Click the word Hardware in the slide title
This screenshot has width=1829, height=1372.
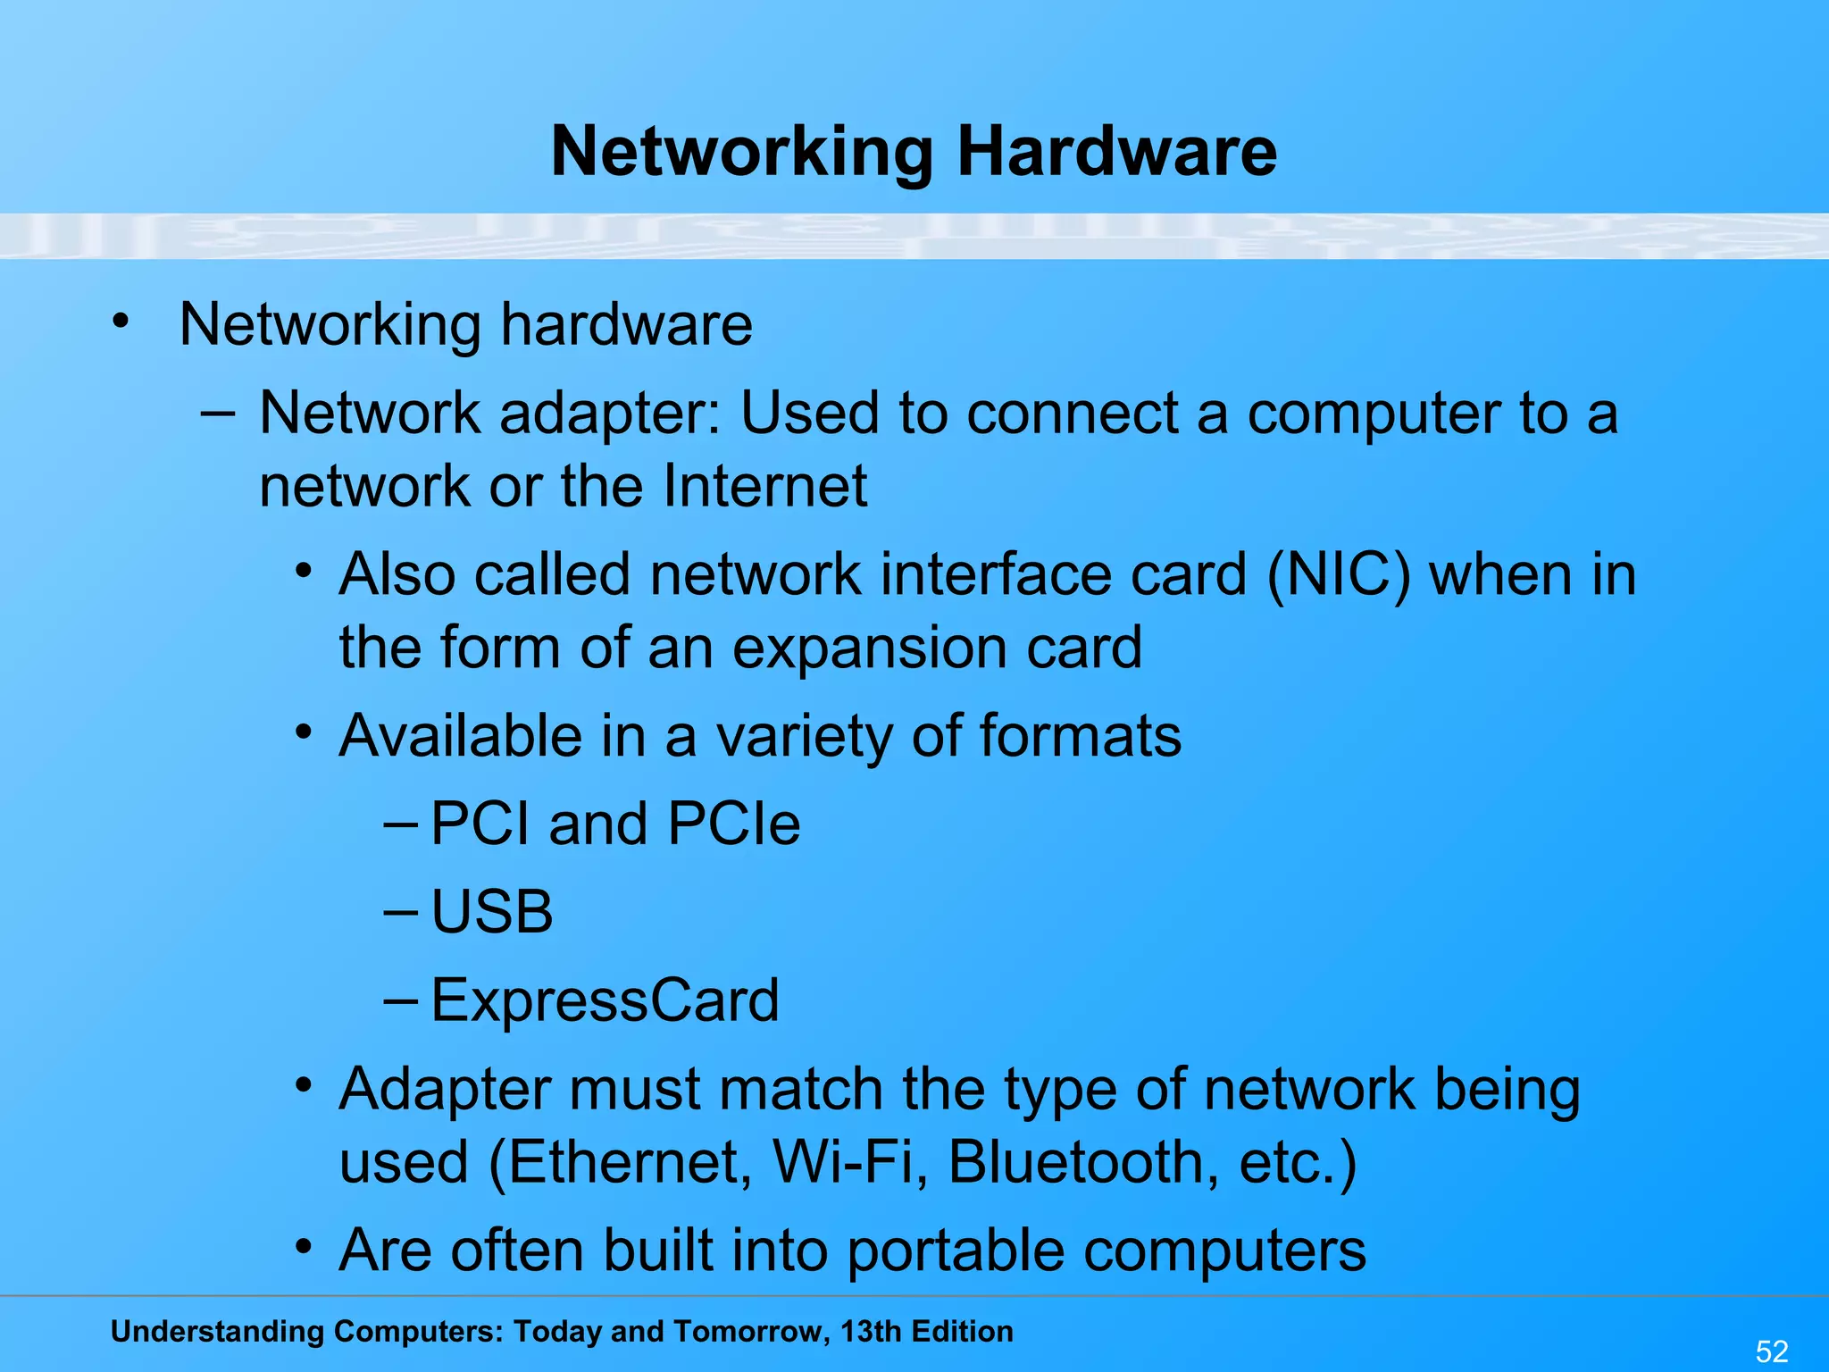(1116, 152)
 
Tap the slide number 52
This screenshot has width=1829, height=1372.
(1772, 1351)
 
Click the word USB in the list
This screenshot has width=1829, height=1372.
(492, 912)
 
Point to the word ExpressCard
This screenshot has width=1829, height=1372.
(605, 1000)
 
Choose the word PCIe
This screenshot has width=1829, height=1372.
(733, 824)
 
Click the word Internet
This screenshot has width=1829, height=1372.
(764, 487)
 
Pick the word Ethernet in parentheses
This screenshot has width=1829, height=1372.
(622, 1162)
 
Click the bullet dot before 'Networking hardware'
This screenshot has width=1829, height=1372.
(121, 322)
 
